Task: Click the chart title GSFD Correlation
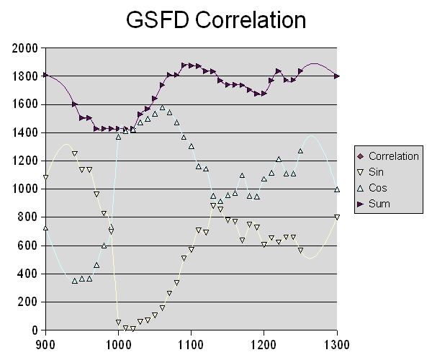[216, 19]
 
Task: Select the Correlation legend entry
[393, 156]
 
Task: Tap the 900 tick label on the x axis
[45, 344]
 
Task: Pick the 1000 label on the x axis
[118, 344]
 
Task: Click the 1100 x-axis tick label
[191, 344]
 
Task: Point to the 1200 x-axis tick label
[264, 344]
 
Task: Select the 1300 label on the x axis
[337, 344]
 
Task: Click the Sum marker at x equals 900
[45, 75]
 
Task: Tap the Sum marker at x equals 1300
[337, 76]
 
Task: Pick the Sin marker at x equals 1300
[337, 217]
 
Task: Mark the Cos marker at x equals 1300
[337, 189]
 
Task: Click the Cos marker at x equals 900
[45, 228]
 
